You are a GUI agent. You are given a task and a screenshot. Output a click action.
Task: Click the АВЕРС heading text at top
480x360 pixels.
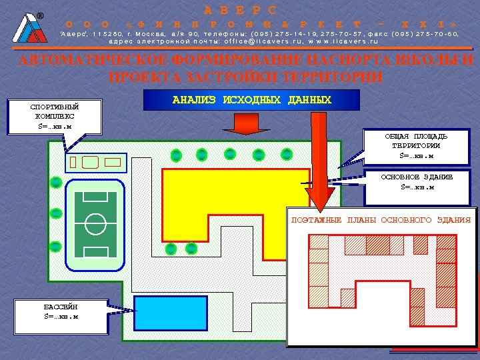[239, 10]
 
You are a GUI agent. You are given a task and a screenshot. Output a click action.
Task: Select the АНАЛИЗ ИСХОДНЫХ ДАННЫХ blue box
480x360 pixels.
[251, 100]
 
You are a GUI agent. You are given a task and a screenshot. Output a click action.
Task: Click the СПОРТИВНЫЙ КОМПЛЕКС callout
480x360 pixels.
[55, 117]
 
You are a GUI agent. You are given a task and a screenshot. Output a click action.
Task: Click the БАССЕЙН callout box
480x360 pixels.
[61, 311]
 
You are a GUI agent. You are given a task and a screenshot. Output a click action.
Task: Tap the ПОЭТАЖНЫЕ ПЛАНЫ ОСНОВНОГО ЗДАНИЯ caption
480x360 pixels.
[381, 220]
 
